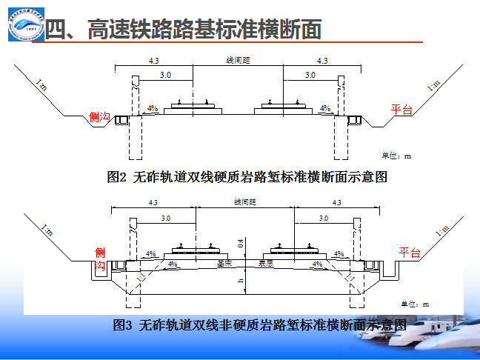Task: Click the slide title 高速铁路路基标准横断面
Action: [184, 30]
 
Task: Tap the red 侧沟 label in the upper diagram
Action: [99, 117]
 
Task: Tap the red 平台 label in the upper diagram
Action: [401, 110]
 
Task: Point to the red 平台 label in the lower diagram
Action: [410, 253]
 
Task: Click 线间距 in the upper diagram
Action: [237, 60]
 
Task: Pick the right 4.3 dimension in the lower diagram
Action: [336, 203]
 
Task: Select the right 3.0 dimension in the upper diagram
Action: [310, 76]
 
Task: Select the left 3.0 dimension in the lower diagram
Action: [164, 219]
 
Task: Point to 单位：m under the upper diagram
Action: [396, 156]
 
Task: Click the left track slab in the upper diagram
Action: [193, 110]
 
